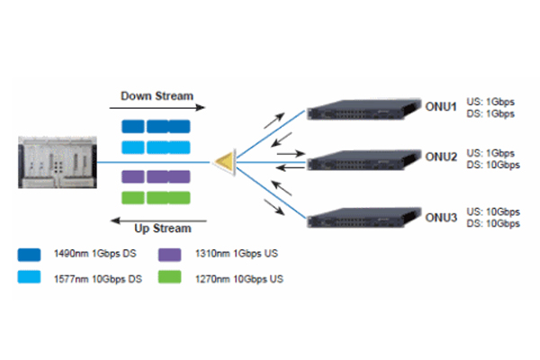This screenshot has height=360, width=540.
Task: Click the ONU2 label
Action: pos(442,157)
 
